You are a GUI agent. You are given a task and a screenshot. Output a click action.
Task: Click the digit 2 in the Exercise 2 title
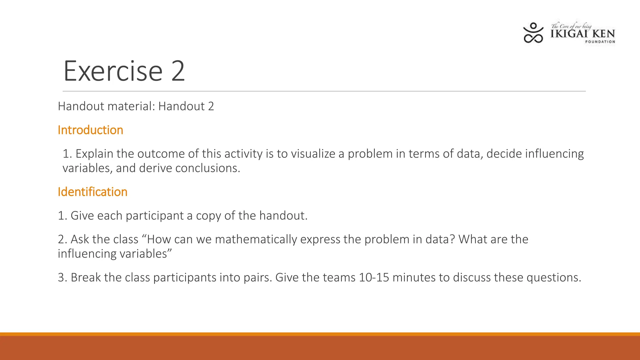tap(178, 72)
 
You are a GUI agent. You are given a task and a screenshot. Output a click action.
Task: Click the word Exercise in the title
tap(113, 72)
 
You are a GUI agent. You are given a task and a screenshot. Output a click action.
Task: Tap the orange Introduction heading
tap(90, 130)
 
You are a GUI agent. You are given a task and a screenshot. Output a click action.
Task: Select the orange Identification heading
tap(92, 192)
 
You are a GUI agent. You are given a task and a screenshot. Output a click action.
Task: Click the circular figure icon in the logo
tap(533, 33)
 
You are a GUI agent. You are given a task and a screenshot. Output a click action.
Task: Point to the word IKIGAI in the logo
tap(569, 34)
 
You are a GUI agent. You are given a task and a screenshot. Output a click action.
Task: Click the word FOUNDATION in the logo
tap(600, 42)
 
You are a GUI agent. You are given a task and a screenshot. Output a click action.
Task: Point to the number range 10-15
tap(374, 277)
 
